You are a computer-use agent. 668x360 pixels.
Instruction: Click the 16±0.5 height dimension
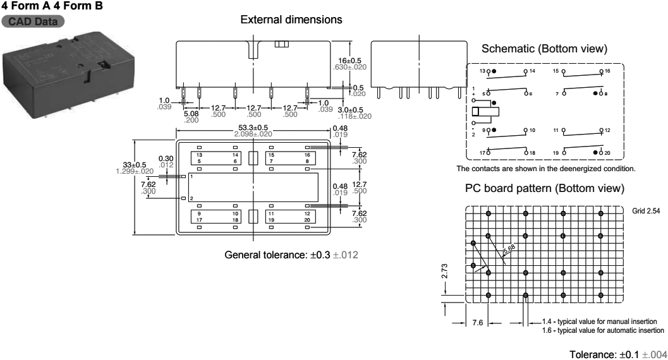(x=349, y=61)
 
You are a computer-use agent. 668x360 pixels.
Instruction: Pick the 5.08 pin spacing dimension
(x=191, y=114)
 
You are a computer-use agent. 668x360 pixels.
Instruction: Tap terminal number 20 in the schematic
(x=608, y=153)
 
